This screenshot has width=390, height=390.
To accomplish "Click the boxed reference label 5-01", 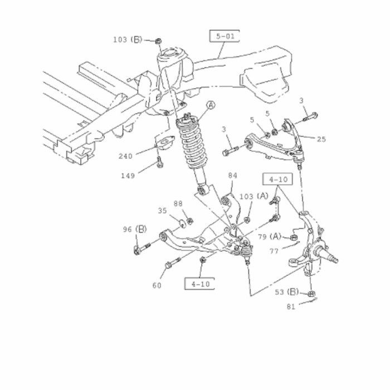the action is (225, 36).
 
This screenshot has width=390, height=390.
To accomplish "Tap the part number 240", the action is (125, 156).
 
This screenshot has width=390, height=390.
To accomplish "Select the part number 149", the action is (128, 176).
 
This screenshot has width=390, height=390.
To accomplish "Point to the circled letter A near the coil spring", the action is (211, 105).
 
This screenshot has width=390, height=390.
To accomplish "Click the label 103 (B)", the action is (128, 40).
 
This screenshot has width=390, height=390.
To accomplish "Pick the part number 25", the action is (321, 139).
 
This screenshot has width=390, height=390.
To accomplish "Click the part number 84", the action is (232, 175).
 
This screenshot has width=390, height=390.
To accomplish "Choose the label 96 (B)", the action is (135, 230).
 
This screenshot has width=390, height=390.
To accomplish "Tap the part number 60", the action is (157, 285).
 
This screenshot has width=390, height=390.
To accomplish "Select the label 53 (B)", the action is (287, 292).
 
